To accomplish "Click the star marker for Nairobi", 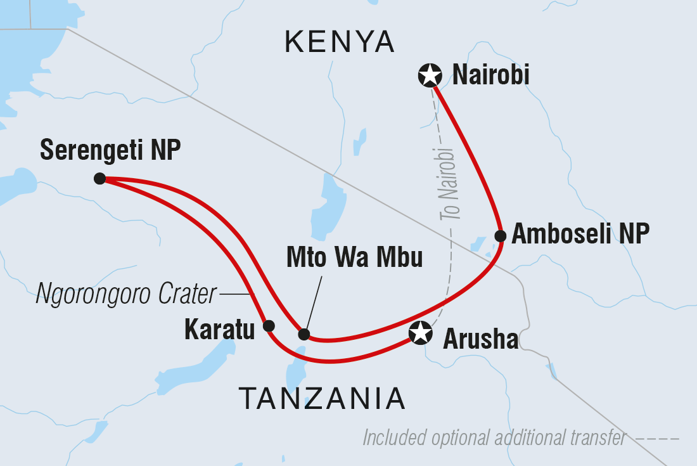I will (430, 75).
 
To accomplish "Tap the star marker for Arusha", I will (421, 332).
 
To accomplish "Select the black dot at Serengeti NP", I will (99, 179).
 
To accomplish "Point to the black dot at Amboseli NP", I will (500, 236).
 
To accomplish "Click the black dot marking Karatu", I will (269, 326).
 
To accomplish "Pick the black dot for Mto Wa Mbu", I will (304, 334).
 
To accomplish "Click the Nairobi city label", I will (490, 76).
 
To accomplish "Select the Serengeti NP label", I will (110, 151).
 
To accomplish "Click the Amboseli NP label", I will (580, 234).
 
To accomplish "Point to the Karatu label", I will (220, 330).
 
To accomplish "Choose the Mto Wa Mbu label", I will (354, 259).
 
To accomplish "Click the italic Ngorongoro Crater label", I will (125, 295).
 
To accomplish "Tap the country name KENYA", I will (340, 43).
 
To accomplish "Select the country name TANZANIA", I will (322, 398).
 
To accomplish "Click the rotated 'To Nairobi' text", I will (447, 184).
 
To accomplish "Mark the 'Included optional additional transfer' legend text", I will (495, 437).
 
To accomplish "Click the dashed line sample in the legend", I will (658, 438).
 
